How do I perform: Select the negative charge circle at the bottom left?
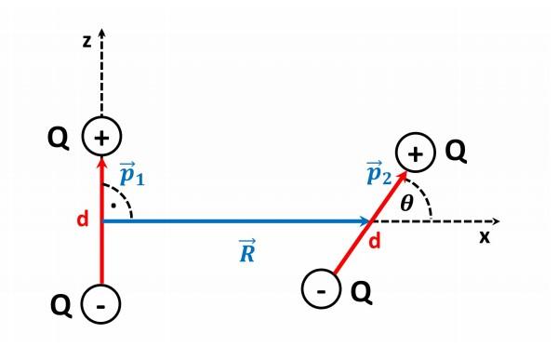pyautogui.click(x=102, y=304)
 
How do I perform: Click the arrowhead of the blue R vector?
pyautogui.click(x=367, y=221)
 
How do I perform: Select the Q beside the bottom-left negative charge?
pyautogui.click(x=59, y=304)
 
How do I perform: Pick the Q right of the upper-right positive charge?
pyautogui.click(x=455, y=152)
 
